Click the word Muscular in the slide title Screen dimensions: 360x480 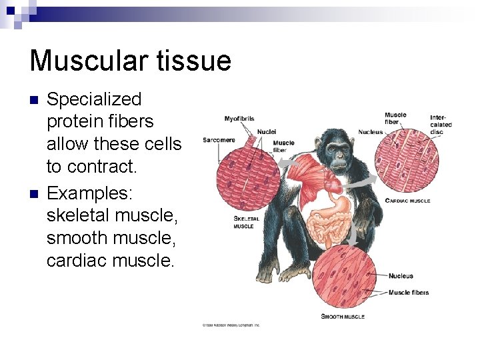tap(87, 61)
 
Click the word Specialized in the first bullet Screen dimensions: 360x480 tap(94, 99)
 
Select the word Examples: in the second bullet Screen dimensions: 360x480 tap(90, 193)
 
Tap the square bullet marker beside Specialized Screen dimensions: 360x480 tap(35, 101)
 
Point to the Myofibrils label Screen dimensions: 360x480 tap(239, 119)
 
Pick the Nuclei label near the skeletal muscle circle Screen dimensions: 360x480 tap(267, 132)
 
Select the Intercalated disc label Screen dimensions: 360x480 tap(441, 124)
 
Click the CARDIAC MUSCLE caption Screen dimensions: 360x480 tap(407, 201)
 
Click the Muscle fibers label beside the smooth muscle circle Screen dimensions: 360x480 tap(408, 292)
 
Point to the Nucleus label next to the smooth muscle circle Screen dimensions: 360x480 tap(401, 276)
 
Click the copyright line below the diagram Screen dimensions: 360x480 tap(231, 325)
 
